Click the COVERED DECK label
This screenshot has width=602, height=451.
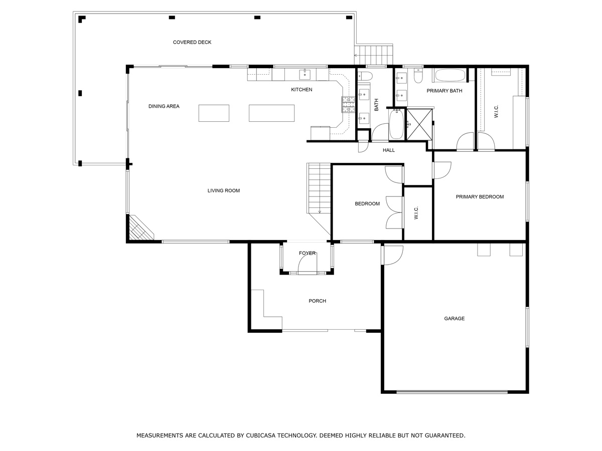[x=192, y=42]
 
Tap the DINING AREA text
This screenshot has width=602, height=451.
[x=164, y=106]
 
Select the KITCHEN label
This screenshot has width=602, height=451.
[x=302, y=90]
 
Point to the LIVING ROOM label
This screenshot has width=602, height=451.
[x=224, y=190]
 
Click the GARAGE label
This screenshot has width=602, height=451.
[x=454, y=319]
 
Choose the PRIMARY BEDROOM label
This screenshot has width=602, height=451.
[x=480, y=196]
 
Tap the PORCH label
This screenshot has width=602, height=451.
[x=318, y=301]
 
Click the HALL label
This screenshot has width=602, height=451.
[x=389, y=150]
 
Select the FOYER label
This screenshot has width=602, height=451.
[x=307, y=253]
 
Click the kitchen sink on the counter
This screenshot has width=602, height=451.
[x=305, y=74]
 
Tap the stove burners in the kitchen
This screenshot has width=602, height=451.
[x=348, y=104]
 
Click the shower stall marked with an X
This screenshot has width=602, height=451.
[x=419, y=125]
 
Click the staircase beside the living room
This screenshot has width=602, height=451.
[x=320, y=188]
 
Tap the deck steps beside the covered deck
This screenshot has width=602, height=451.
[x=373, y=55]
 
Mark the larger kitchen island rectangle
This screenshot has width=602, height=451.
[x=271, y=113]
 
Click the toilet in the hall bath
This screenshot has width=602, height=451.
[x=365, y=76]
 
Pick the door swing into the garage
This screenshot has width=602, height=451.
[x=393, y=255]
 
